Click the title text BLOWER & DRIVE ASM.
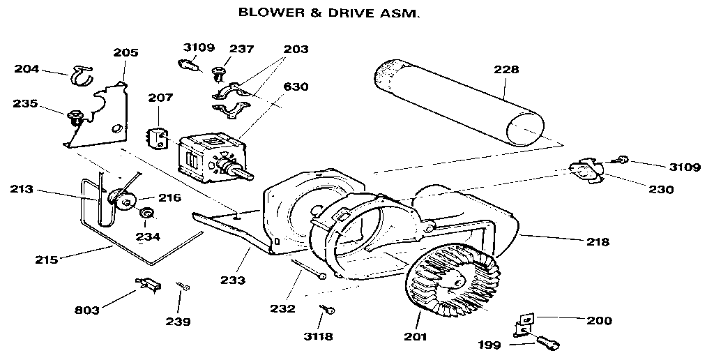click(330, 13)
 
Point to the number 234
click(147, 237)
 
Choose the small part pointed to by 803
click(147, 283)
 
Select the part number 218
click(598, 242)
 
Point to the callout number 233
click(233, 280)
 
